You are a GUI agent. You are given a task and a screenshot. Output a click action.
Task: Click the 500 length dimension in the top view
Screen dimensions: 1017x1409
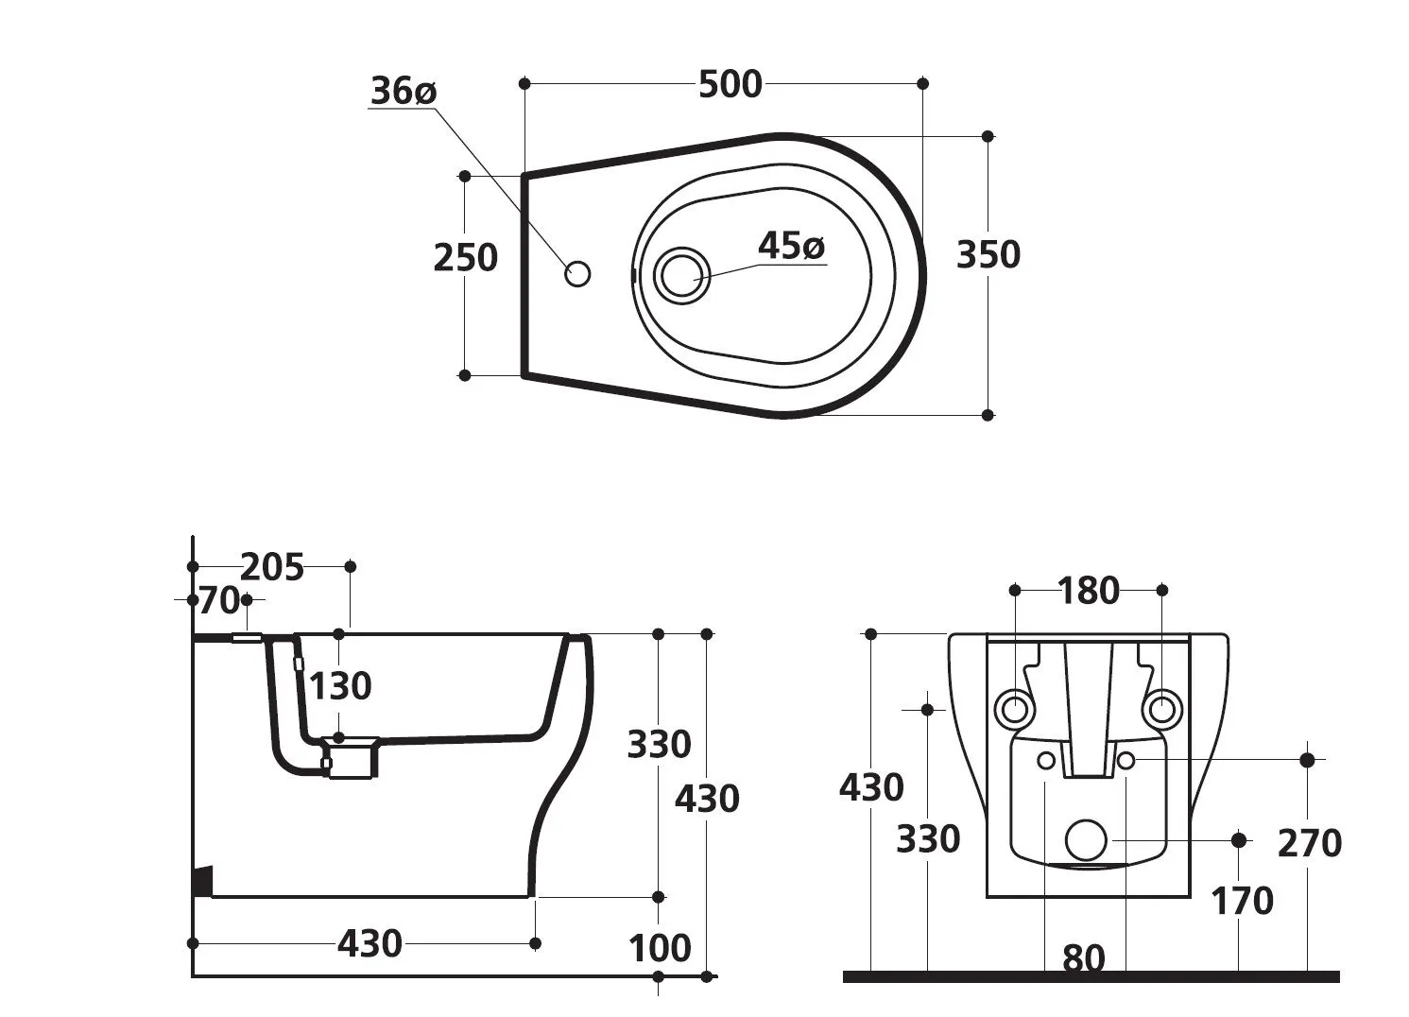pos(730,85)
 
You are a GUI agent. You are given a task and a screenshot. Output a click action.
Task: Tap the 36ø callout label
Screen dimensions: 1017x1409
pos(403,92)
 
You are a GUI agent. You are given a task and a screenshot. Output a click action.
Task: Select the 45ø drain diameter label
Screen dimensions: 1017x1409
pos(791,247)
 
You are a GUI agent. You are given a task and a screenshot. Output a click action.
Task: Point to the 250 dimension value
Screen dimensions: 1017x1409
pos(465,257)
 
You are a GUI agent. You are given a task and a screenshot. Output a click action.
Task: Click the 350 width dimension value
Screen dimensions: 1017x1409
pos(988,255)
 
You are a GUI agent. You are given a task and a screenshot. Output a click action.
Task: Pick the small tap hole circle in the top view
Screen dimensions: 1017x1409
pos(577,274)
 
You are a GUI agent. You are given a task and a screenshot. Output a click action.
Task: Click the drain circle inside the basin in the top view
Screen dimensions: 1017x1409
pos(680,275)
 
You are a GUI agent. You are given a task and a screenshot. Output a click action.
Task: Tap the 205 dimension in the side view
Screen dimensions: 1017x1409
pos(272,567)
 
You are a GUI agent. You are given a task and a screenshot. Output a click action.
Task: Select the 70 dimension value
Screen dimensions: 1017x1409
pos(216,600)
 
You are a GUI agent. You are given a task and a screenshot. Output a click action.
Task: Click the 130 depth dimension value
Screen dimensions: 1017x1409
pos(340,686)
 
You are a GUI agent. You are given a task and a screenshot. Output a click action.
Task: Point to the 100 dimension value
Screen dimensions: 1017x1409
pos(660,948)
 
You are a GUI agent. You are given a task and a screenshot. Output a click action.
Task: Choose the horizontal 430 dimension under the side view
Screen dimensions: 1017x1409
pos(369,943)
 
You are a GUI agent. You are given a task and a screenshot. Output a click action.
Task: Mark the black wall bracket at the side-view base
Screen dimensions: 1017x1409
pos(202,881)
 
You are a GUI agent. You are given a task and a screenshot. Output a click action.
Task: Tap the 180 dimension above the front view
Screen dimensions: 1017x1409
pos(1089,591)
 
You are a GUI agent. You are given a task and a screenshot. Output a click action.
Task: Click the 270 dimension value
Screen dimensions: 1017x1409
pos(1309,843)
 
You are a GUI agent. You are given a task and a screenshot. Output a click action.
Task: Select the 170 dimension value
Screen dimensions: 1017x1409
pos(1242,902)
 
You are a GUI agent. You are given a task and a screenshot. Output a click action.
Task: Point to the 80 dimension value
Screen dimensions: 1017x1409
pos(1083,958)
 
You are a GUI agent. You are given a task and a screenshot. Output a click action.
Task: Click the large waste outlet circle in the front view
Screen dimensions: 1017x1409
pos(1086,839)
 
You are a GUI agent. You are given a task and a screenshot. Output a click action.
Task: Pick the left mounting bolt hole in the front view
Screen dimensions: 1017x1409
pos(1015,707)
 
